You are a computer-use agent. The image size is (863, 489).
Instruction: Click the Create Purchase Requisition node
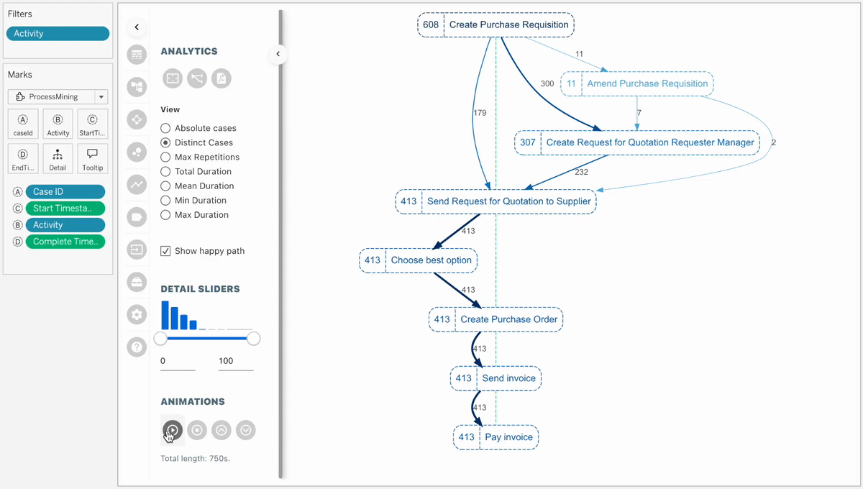point(496,24)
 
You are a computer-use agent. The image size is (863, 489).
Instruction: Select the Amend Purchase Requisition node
point(636,83)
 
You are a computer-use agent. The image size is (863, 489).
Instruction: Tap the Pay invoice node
point(496,437)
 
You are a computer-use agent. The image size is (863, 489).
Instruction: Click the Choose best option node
point(419,260)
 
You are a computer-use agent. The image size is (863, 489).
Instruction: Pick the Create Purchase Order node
point(496,319)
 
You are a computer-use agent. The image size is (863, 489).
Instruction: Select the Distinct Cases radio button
point(165,142)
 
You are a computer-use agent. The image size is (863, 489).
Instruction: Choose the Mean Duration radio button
point(165,186)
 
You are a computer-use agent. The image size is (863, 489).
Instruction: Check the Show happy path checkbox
point(165,251)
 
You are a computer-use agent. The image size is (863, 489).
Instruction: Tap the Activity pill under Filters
point(58,34)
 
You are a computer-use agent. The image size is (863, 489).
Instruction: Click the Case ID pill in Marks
point(65,192)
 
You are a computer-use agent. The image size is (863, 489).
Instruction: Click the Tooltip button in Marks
point(93,159)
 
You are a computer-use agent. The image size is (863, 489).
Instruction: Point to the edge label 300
point(547,84)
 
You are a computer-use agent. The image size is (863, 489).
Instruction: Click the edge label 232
point(581,173)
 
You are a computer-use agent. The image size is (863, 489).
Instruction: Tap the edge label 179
point(480,113)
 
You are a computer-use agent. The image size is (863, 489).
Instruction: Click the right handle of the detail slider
point(254,339)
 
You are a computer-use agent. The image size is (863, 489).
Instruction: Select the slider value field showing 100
point(235,361)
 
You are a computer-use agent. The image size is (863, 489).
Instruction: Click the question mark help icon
point(137,347)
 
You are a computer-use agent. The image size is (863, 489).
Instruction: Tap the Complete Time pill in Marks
point(65,242)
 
